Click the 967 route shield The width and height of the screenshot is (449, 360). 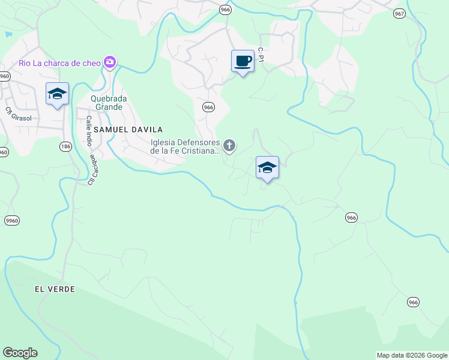(400, 13)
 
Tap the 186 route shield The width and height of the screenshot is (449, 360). (65, 146)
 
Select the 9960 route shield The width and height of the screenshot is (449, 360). (11, 221)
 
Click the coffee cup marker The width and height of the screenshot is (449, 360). (243, 61)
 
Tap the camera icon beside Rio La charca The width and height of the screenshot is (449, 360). (110, 62)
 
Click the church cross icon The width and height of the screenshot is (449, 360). (229, 145)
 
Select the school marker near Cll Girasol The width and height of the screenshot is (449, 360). (57, 94)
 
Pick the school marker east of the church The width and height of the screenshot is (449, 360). (267, 167)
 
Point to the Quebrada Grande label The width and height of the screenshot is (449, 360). (106, 103)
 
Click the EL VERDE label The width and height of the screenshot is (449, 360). (55, 289)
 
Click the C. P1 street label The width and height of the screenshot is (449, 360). (261, 55)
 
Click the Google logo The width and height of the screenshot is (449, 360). (20, 353)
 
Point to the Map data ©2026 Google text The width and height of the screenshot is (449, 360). (411, 355)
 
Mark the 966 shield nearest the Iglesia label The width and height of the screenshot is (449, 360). (208, 107)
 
